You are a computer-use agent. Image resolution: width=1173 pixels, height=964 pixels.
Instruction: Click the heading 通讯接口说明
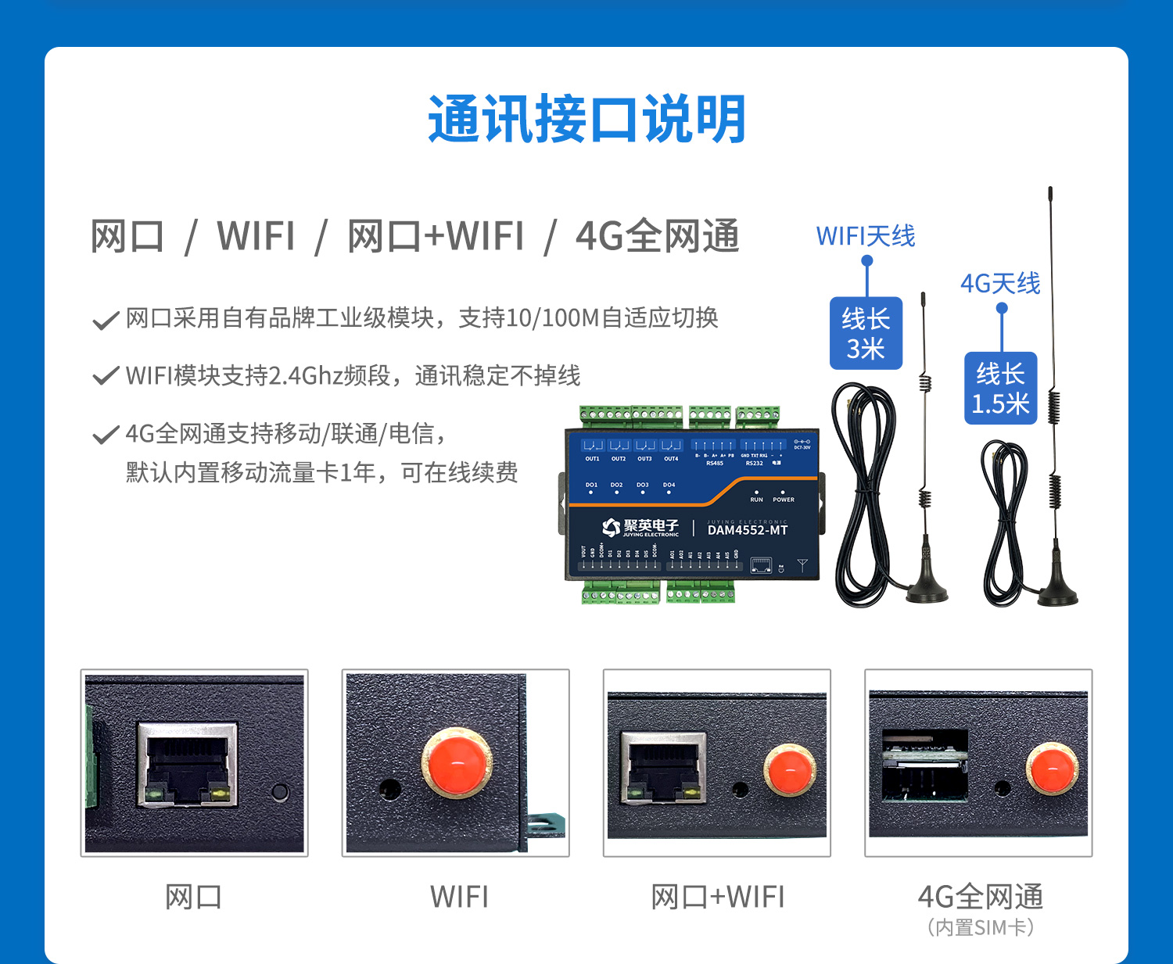click(586, 120)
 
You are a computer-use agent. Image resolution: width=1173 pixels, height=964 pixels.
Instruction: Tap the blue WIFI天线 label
click(865, 236)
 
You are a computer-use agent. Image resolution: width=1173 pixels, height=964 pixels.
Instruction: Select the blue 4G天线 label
click(1000, 284)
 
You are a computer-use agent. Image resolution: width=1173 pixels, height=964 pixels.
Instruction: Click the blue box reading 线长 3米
click(866, 333)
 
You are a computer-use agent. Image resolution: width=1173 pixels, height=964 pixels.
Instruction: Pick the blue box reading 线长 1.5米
click(1000, 389)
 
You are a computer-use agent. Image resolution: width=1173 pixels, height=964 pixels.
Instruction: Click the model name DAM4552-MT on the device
click(747, 530)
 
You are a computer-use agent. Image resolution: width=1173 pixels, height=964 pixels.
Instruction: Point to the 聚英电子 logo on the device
click(640, 528)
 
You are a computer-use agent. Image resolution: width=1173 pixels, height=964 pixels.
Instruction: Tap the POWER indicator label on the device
click(783, 500)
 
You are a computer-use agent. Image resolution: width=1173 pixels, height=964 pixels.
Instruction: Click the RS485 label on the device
click(715, 464)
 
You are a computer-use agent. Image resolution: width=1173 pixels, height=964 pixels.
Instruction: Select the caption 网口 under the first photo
click(194, 897)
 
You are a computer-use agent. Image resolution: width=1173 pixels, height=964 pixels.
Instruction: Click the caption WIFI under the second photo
click(459, 897)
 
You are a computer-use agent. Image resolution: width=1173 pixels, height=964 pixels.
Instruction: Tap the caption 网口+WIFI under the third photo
click(717, 897)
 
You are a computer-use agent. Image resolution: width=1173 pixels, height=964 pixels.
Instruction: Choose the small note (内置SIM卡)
click(981, 928)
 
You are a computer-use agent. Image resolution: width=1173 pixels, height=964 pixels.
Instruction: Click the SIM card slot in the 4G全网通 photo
click(925, 766)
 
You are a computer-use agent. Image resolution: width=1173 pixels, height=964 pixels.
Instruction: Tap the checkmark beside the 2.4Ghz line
click(106, 377)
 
